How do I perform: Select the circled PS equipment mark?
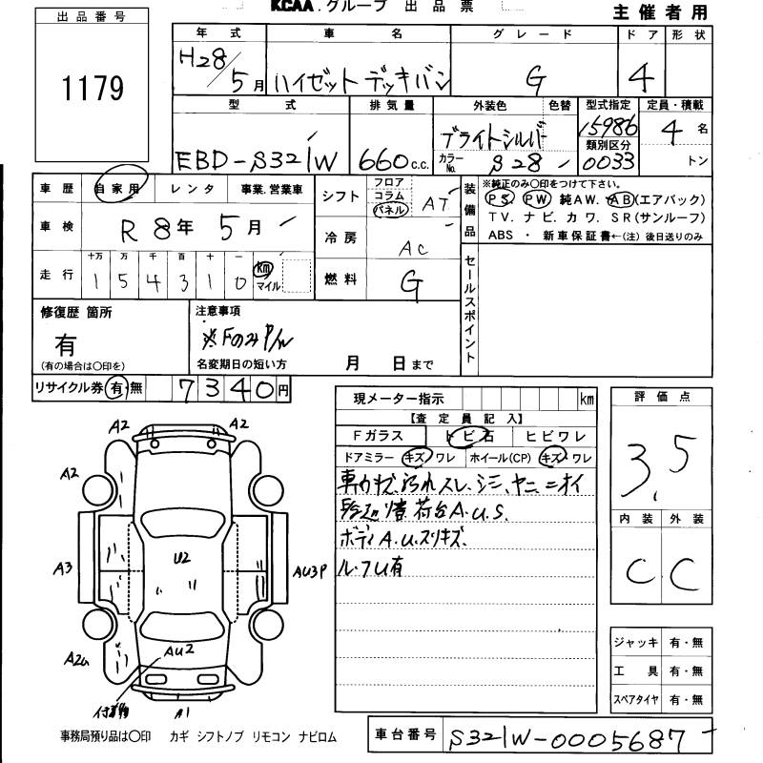coord(496,200)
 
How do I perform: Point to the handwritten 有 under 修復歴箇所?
coord(65,343)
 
